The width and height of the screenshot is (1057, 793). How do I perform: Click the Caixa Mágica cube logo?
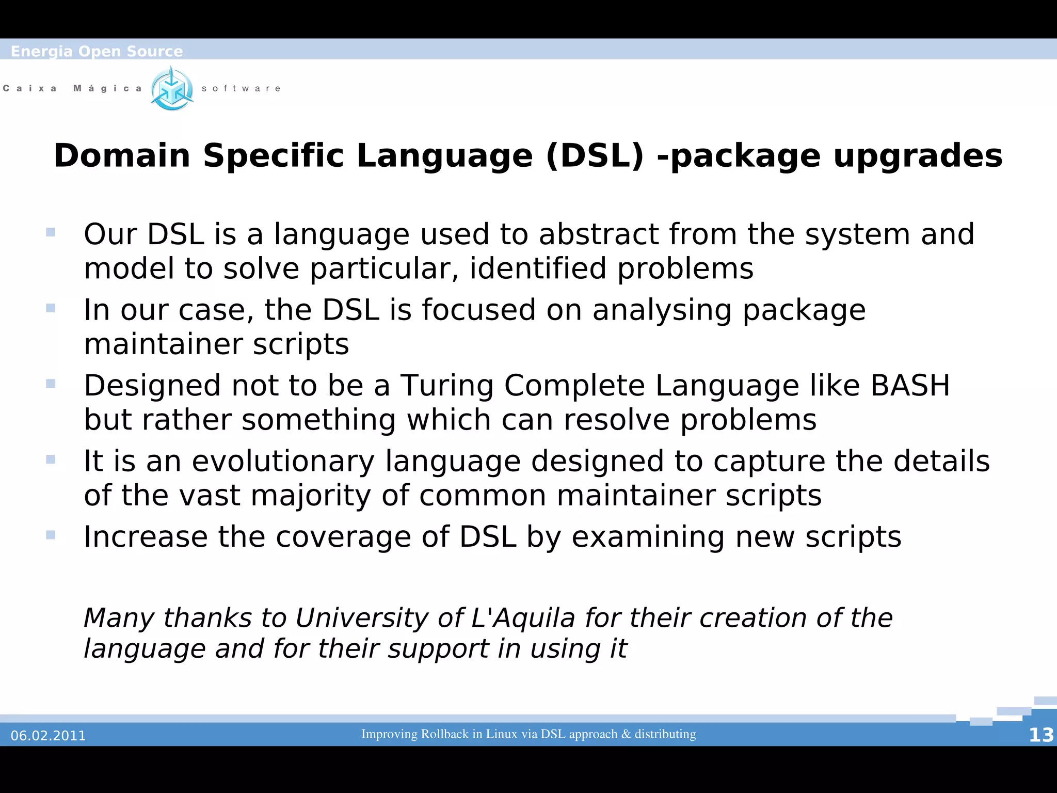[172, 89]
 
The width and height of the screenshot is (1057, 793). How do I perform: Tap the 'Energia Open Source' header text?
[97, 51]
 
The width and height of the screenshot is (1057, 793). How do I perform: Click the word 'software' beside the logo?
[241, 89]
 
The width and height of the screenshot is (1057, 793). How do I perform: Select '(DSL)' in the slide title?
[595, 156]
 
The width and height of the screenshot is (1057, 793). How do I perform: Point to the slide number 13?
[1040, 735]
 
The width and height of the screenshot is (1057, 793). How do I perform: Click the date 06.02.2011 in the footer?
[48, 736]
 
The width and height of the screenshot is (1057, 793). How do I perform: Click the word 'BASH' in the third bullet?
[910, 386]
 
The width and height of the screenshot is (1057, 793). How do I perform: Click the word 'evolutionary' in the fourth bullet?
[283, 461]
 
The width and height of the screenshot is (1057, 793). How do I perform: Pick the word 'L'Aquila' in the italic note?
[523, 618]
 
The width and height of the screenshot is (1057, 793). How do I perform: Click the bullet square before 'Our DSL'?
[51, 232]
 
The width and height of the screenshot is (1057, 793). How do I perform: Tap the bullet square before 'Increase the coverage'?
[51, 535]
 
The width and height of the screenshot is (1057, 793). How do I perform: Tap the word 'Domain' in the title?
[122, 156]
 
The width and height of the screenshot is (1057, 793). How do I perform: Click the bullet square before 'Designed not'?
[51, 384]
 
